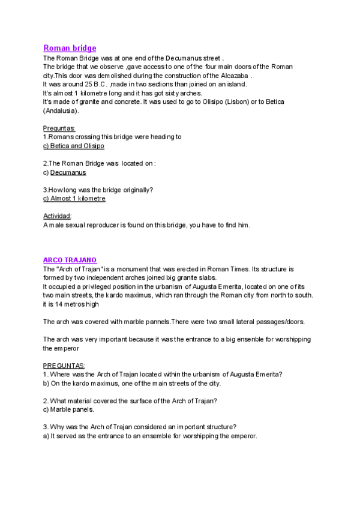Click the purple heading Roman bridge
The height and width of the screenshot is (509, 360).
coord(70,48)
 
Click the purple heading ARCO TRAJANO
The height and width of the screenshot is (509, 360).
coord(70,260)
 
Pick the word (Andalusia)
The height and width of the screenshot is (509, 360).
coord(61,111)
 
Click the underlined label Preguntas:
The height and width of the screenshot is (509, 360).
coord(59,128)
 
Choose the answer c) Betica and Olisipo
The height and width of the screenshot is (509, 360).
coord(74,146)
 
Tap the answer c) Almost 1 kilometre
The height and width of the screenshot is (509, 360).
coord(74,199)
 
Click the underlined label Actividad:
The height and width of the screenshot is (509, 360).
coord(58,216)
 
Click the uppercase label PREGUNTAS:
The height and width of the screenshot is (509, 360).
coord(64,366)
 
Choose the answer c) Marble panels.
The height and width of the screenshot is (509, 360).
coord(68,409)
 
